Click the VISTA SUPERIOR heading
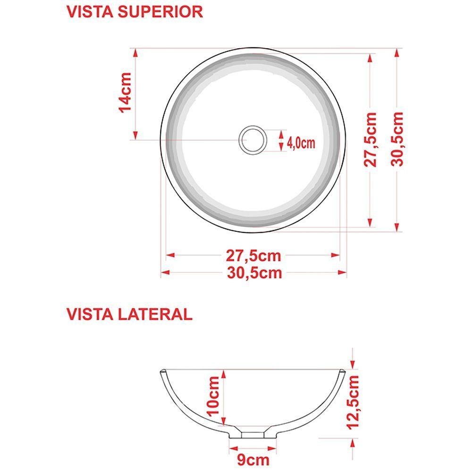click(135, 12)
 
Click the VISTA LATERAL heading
click(129, 314)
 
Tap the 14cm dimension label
click(126, 93)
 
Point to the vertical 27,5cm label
click(371, 139)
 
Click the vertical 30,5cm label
click(397, 139)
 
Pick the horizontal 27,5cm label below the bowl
click(253, 256)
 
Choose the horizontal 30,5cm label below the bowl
click(254, 273)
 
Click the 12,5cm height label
click(353, 402)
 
